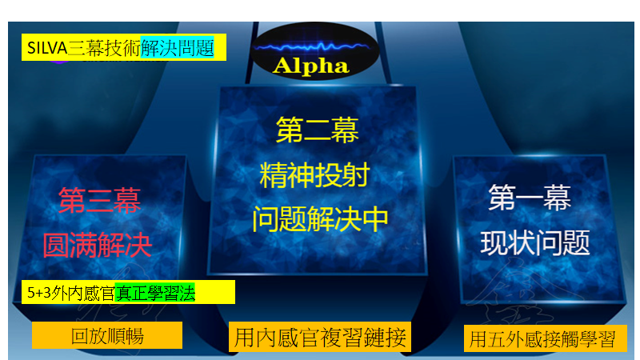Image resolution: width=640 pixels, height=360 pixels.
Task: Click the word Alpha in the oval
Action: click(311, 66)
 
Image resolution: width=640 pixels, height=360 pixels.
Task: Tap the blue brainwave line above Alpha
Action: click(312, 47)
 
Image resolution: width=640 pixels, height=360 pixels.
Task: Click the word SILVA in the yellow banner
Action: click(47, 48)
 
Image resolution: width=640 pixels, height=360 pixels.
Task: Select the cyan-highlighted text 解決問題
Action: click(177, 48)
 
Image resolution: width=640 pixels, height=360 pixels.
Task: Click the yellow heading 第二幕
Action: click(317, 130)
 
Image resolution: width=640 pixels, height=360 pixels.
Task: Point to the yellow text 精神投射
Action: click(314, 174)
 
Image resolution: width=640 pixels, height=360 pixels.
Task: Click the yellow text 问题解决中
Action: click(320, 219)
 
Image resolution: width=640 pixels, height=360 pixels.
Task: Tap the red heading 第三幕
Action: click(99, 201)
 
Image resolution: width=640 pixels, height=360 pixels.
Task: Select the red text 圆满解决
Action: click(98, 245)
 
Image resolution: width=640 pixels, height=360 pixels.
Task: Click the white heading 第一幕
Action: click(530, 198)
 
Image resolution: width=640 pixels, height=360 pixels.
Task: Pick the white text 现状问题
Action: click(535, 242)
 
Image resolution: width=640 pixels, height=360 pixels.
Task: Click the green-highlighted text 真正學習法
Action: click(155, 293)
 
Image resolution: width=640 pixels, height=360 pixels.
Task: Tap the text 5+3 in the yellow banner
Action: click(39, 293)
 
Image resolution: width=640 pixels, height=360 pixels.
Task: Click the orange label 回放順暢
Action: click(107, 336)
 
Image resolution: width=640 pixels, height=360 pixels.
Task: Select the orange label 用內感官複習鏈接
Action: click(320, 337)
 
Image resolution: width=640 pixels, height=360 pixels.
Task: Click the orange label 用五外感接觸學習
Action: click(545, 338)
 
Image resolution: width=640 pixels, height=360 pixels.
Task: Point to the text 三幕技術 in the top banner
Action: click(104, 48)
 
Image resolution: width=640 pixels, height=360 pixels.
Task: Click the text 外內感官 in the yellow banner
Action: click(83, 293)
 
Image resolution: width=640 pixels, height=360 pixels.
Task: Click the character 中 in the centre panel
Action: click(375, 219)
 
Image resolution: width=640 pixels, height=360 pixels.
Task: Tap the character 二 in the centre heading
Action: click(317, 130)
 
